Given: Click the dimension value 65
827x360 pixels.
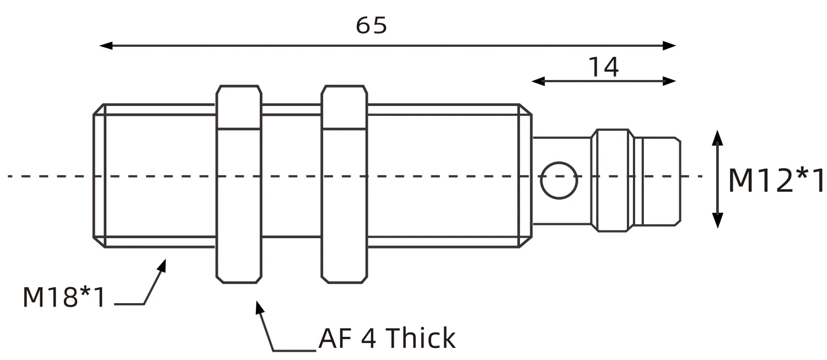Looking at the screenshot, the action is click(x=372, y=25).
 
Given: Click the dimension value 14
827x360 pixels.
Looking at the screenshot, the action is click(x=604, y=67).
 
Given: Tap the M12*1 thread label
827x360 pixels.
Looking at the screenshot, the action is click(x=776, y=180).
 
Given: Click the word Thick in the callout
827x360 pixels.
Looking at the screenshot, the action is click(x=421, y=338).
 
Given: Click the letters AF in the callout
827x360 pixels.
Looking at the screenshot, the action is click(x=335, y=338).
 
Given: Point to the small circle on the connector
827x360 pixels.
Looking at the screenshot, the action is click(x=559, y=181).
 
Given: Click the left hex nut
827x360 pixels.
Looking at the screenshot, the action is click(x=239, y=184).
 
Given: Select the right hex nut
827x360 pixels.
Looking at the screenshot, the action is click(x=344, y=184).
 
